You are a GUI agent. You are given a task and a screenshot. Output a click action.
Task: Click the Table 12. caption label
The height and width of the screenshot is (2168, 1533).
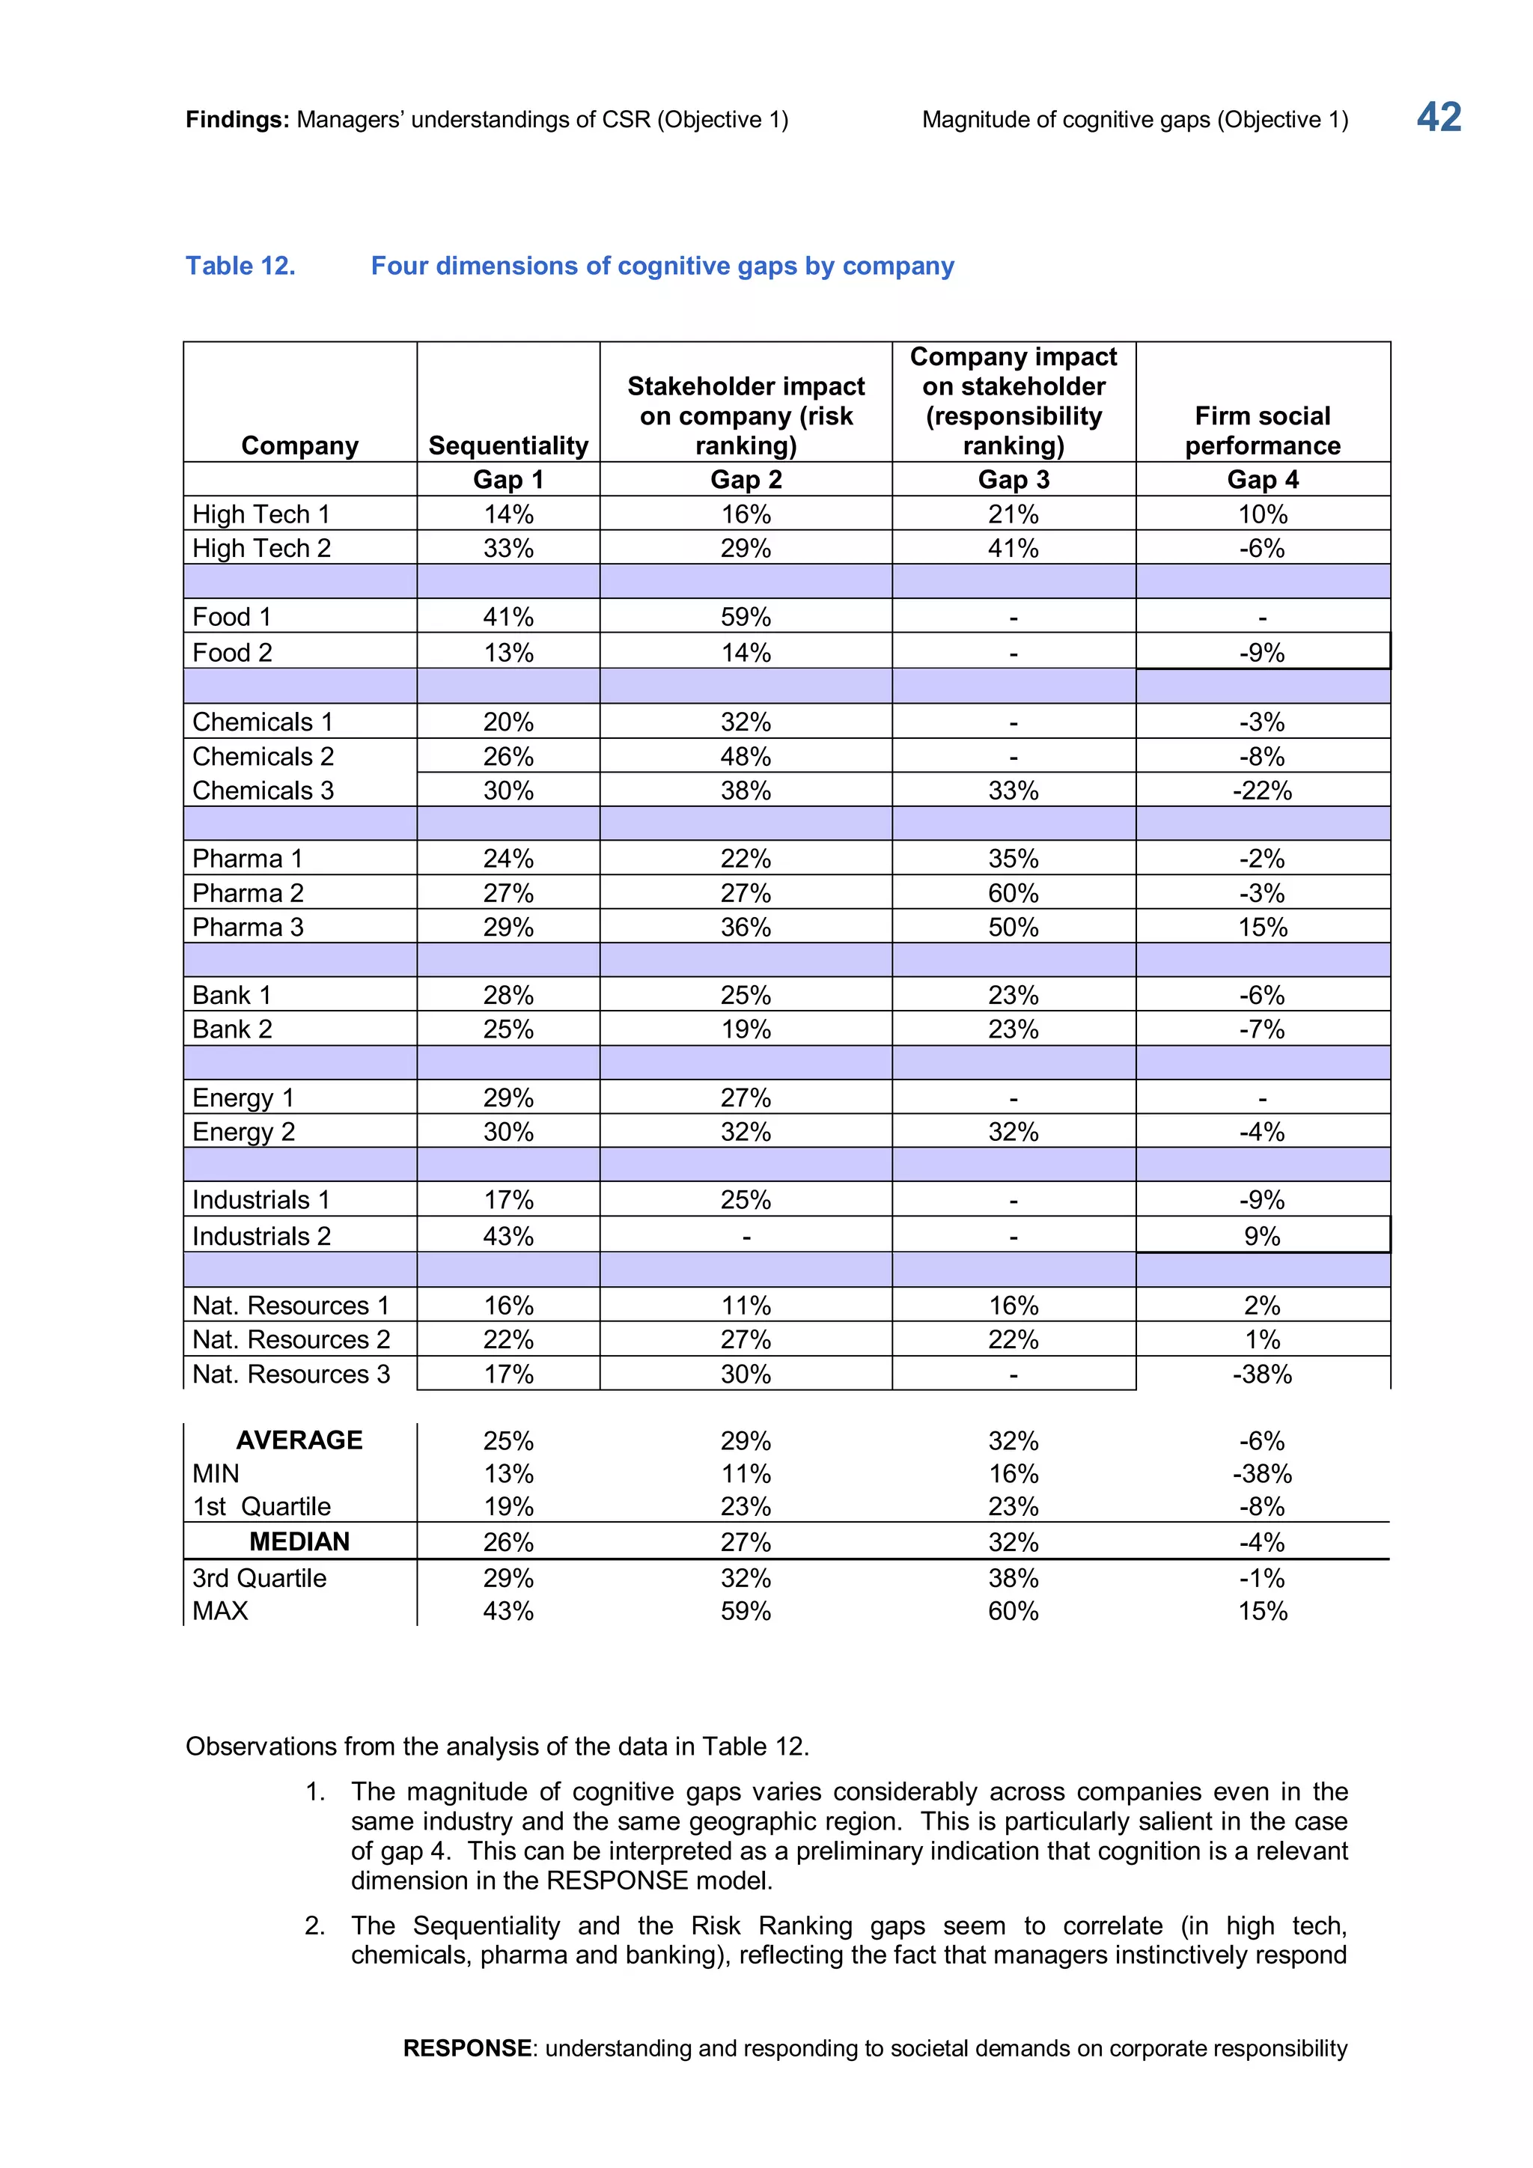click(x=241, y=267)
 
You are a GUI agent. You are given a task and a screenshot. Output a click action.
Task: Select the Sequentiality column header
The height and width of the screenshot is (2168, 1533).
click(x=508, y=445)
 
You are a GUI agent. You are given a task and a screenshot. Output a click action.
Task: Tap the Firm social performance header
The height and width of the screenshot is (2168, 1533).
click(x=1262, y=430)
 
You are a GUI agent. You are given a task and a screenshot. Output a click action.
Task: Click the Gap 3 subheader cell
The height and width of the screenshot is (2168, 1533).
click(x=1013, y=480)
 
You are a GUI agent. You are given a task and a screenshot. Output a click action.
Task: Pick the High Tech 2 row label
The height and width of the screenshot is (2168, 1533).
click(x=261, y=549)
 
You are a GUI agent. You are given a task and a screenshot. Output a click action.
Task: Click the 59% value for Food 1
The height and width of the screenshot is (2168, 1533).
click(x=746, y=618)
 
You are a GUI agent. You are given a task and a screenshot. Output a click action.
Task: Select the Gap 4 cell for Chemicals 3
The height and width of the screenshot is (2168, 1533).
click(x=1262, y=791)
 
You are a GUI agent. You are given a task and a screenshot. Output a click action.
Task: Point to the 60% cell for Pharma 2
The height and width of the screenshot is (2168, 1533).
click(x=1013, y=893)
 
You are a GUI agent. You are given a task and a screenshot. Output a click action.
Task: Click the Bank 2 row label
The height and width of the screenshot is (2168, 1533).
click(x=232, y=1029)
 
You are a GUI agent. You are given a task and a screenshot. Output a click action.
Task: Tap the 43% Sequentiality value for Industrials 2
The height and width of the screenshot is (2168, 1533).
click(x=508, y=1236)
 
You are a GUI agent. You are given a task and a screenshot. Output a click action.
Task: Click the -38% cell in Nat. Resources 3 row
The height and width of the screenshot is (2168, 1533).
click(x=1262, y=1374)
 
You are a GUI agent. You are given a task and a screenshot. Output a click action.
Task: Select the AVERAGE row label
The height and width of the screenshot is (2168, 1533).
click(x=299, y=1440)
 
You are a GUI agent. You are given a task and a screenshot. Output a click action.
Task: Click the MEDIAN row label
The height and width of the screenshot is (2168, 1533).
click(x=299, y=1542)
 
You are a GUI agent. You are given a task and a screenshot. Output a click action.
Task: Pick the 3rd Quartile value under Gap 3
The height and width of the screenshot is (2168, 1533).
click(x=1013, y=1578)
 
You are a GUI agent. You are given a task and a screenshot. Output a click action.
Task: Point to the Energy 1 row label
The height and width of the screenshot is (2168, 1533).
click(x=243, y=1098)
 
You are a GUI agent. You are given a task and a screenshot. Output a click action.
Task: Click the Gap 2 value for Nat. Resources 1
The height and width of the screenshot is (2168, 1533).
click(x=746, y=1306)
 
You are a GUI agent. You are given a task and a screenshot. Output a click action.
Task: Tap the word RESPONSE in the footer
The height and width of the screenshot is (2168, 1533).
click(x=467, y=2048)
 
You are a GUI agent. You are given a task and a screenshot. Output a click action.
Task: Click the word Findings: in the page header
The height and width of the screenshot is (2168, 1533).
click(x=237, y=120)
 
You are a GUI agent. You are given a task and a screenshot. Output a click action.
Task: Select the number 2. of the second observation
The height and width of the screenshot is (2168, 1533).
click(x=315, y=1925)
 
